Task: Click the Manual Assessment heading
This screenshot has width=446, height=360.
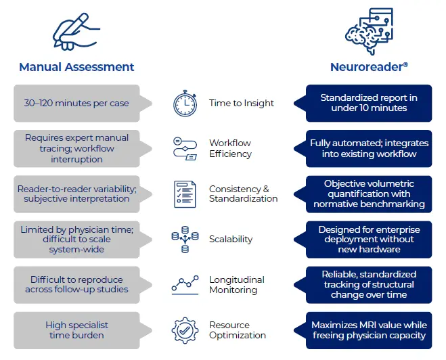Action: [x=76, y=66]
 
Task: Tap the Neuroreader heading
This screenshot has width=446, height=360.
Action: [x=369, y=66]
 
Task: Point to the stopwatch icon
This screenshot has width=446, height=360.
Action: [x=185, y=104]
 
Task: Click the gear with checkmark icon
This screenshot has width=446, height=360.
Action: [x=185, y=330]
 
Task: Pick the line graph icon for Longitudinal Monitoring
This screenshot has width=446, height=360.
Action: [x=185, y=284]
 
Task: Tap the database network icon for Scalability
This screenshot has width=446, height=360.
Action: [x=185, y=239]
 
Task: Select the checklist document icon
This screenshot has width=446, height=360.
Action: [x=185, y=194]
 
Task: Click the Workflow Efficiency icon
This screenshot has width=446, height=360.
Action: [x=185, y=148]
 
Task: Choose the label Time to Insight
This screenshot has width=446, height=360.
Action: [x=242, y=104]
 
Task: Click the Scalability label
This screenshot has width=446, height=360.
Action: [x=231, y=239]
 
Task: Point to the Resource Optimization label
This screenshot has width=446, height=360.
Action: [x=238, y=330]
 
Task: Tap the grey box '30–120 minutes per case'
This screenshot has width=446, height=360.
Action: [x=76, y=104]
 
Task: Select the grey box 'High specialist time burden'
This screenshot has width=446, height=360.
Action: [x=76, y=330]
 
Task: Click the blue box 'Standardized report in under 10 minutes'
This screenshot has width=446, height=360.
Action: [x=369, y=103]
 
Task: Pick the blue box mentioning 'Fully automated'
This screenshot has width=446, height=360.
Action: [x=369, y=148]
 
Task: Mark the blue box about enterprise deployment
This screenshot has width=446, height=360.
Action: [x=369, y=240]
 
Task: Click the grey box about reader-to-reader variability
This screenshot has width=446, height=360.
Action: [x=76, y=194]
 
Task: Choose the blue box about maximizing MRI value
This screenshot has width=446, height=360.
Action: [x=369, y=330]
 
